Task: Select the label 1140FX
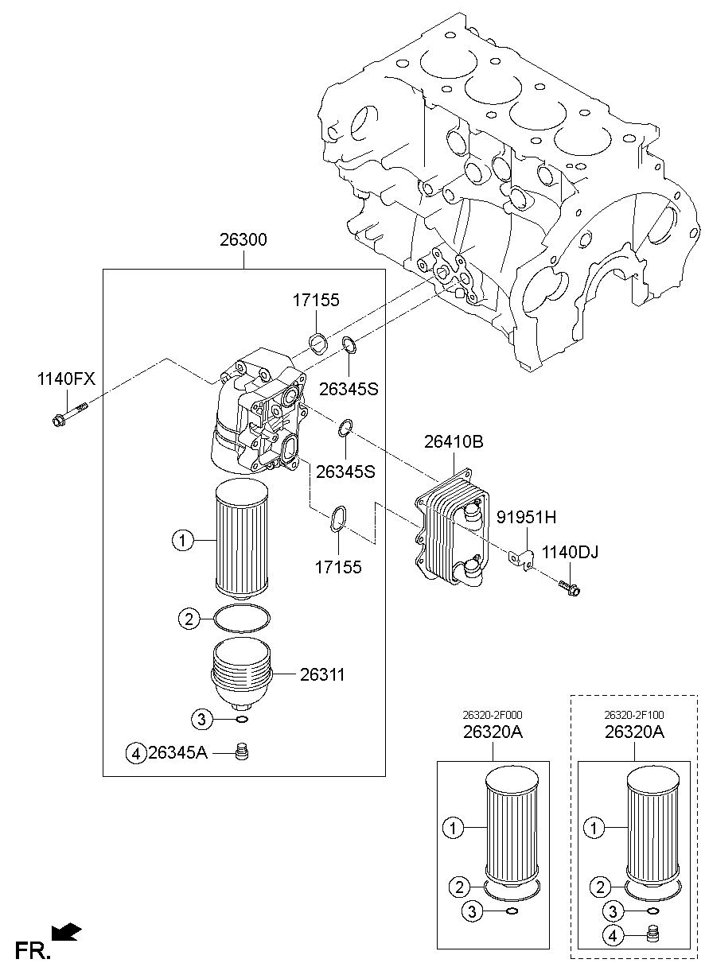(64, 379)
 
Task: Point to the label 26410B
(454, 442)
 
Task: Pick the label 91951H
(527, 518)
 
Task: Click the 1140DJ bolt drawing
(570, 588)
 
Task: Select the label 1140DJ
(571, 551)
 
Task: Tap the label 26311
(322, 675)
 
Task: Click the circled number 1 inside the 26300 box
(181, 542)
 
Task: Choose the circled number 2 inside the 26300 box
(189, 619)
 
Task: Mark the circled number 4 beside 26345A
(136, 753)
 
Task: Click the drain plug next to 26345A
(243, 751)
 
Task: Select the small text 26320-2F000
(493, 716)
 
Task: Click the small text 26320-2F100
(633, 716)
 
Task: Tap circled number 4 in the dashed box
(613, 937)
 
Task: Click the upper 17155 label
(315, 301)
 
